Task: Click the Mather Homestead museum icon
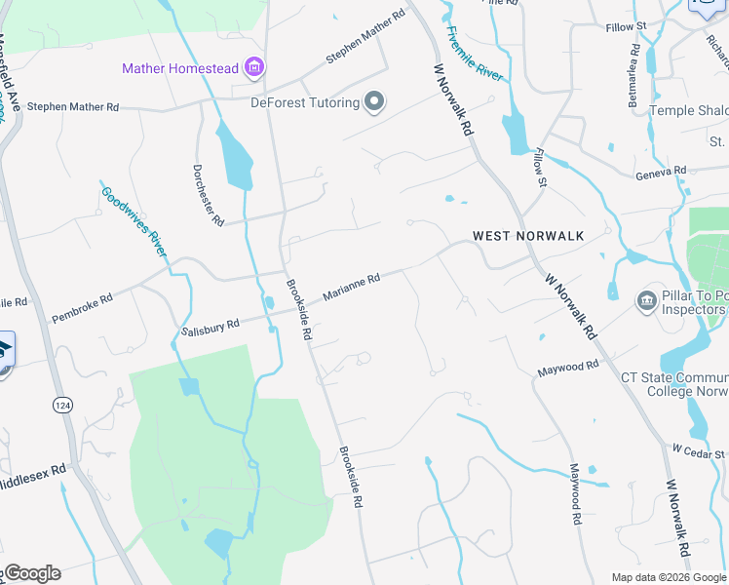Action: [255, 67]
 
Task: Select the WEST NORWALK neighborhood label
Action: [528, 236]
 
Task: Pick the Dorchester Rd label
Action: [209, 194]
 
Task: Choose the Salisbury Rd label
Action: [211, 329]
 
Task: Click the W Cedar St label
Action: [699, 451]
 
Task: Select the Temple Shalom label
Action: [688, 110]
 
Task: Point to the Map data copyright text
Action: [668, 577]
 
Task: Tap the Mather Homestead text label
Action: [180, 68]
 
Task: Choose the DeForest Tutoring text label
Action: [305, 102]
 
